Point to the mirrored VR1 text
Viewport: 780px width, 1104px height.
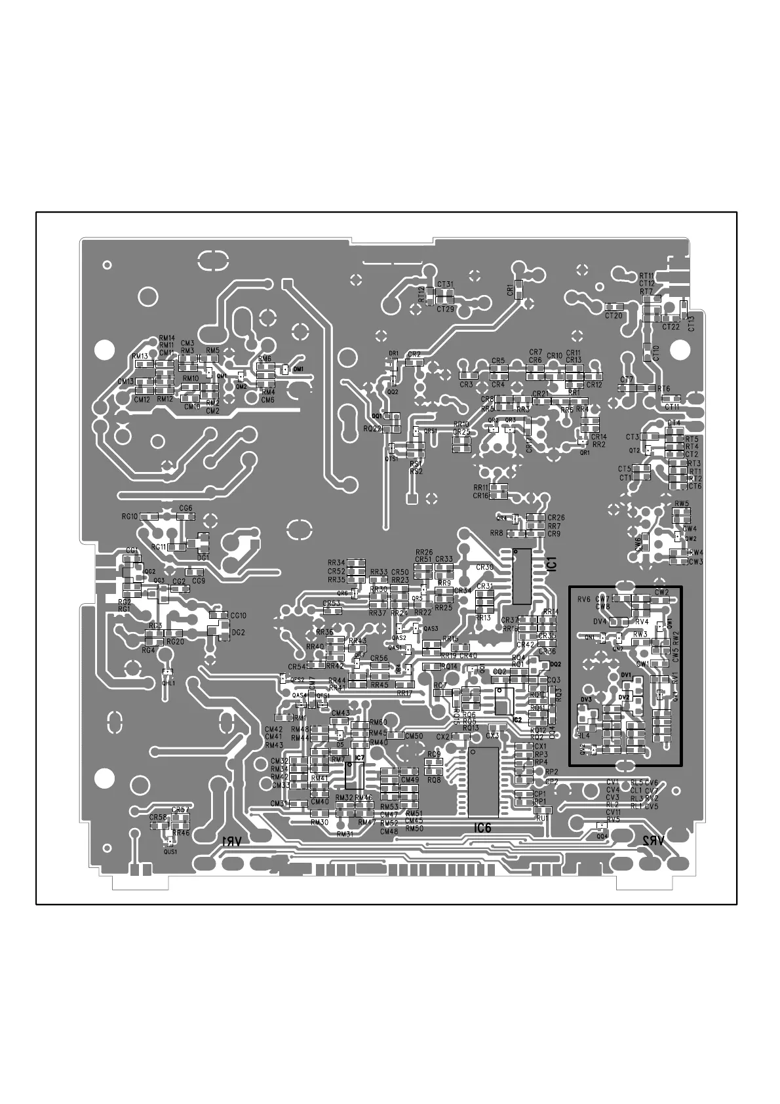232,841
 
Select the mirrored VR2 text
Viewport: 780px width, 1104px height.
655,840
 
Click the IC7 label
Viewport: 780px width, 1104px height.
359,758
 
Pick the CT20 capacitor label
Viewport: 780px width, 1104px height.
614,315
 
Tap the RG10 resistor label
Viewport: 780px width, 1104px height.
129,517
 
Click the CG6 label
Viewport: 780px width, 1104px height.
185,508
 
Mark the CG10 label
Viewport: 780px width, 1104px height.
238,616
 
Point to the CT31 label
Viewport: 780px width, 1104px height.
445,285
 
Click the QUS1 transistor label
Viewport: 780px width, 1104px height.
170,852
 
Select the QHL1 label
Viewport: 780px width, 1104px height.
168,683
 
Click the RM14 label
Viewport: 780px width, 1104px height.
167,338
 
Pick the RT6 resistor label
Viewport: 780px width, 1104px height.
663,389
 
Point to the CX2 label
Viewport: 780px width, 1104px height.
444,736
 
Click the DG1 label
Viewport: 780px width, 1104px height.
203,557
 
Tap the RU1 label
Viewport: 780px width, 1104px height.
541,818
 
